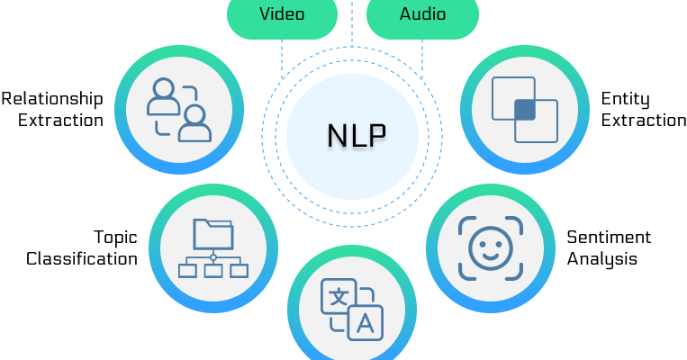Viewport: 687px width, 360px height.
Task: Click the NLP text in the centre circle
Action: tap(356, 135)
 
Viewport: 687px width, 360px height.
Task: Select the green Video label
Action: tap(282, 14)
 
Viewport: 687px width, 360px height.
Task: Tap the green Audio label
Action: tap(422, 14)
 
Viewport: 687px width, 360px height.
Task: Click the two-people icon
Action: tap(179, 110)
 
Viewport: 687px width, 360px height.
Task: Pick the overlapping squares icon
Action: tap(525, 110)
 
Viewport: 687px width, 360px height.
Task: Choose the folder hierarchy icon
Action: tap(213, 248)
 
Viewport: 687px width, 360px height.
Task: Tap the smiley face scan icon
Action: tap(491, 248)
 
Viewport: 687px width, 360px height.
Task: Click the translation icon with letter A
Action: tap(352, 310)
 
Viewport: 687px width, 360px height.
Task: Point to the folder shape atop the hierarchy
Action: tap(213, 234)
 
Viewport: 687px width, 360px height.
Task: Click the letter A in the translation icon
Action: tap(366, 323)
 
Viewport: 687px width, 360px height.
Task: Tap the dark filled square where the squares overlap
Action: tap(525, 110)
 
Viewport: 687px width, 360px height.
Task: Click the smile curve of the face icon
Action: tap(491, 256)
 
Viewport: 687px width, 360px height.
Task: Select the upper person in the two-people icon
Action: tap(163, 97)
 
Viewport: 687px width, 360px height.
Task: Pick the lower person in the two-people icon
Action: tap(194, 124)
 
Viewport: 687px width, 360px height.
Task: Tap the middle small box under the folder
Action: tap(213, 270)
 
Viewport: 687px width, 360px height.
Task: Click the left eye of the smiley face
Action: tap(481, 240)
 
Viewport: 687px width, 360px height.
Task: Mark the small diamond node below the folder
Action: tap(213, 257)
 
